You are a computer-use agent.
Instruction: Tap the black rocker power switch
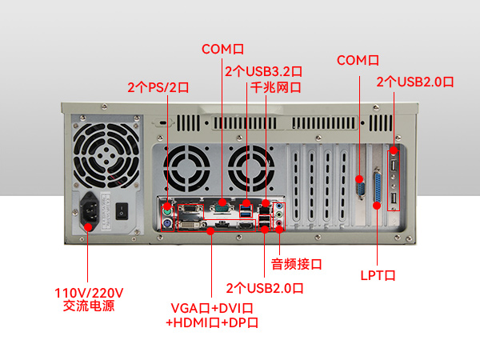[x=122, y=212]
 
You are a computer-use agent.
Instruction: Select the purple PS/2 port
[x=167, y=225]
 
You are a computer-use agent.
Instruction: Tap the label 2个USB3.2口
[x=263, y=71]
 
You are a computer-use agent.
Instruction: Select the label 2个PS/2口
[x=158, y=86]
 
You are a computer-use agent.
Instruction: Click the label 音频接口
[x=295, y=263]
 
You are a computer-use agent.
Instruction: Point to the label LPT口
[x=378, y=276]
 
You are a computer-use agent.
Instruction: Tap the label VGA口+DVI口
[x=212, y=308]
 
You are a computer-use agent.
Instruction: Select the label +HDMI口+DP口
[x=212, y=322]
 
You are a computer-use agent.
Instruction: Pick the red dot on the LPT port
[x=377, y=205]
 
